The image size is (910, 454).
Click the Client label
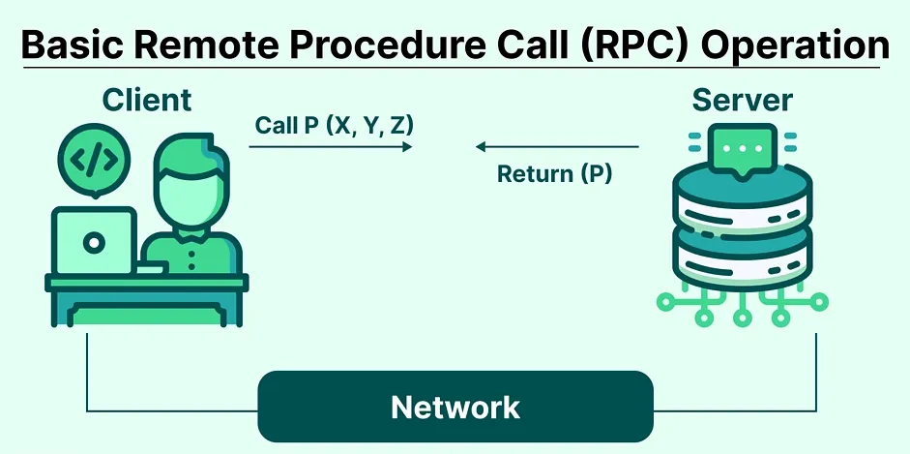click(147, 100)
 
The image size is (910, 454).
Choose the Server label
click(743, 100)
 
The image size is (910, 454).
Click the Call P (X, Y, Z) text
click(334, 126)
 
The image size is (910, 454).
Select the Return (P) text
click(555, 173)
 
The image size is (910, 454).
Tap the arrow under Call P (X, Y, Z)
click(331, 147)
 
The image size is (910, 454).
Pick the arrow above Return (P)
click(557, 147)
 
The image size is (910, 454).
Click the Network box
click(455, 407)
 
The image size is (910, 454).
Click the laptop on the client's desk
click(94, 241)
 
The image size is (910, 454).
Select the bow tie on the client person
click(191, 235)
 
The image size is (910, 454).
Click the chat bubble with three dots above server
click(743, 151)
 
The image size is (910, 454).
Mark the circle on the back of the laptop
click(94, 242)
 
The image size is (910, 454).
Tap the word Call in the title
click(502, 45)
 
